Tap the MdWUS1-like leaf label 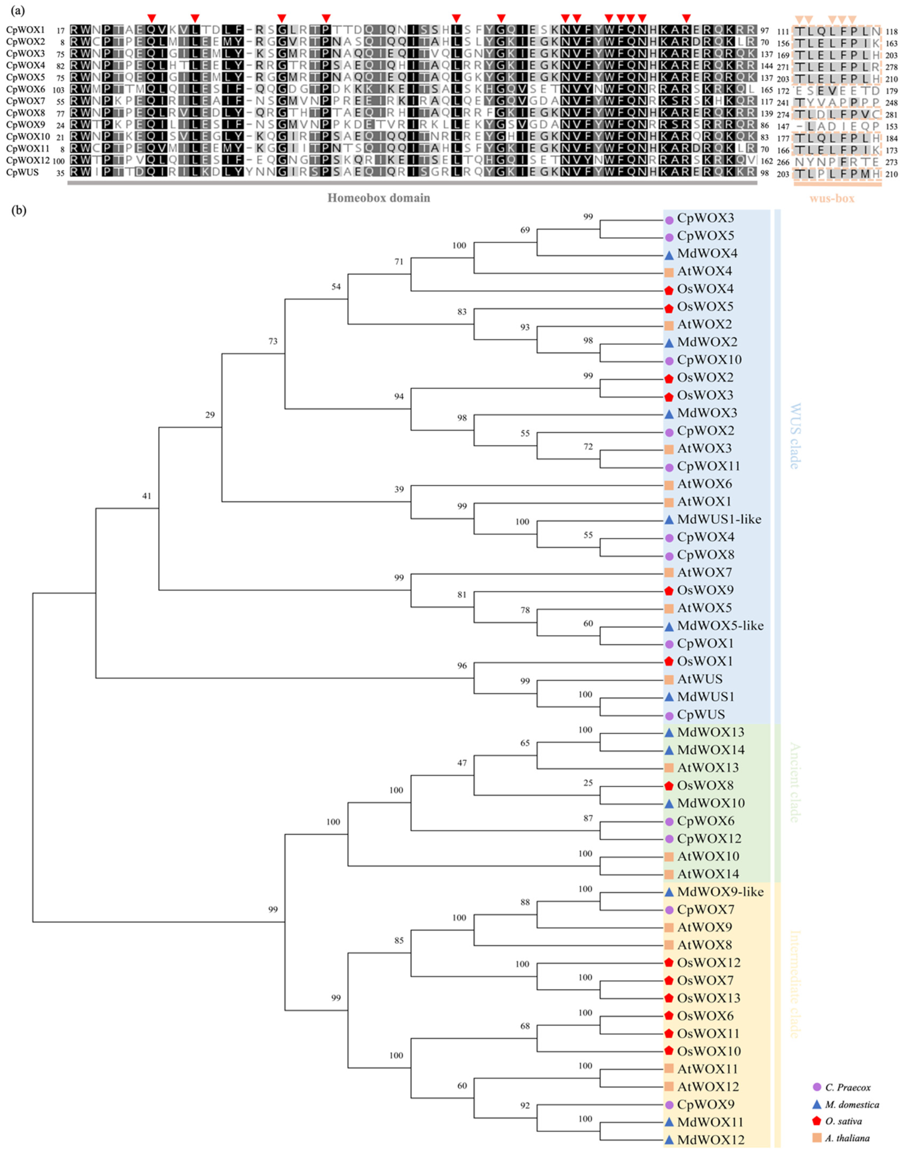(719, 519)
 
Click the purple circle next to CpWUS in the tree (669, 715)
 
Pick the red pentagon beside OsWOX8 (669, 785)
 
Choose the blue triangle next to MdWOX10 (669, 804)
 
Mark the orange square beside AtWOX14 (669, 874)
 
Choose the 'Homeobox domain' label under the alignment (379, 198)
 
